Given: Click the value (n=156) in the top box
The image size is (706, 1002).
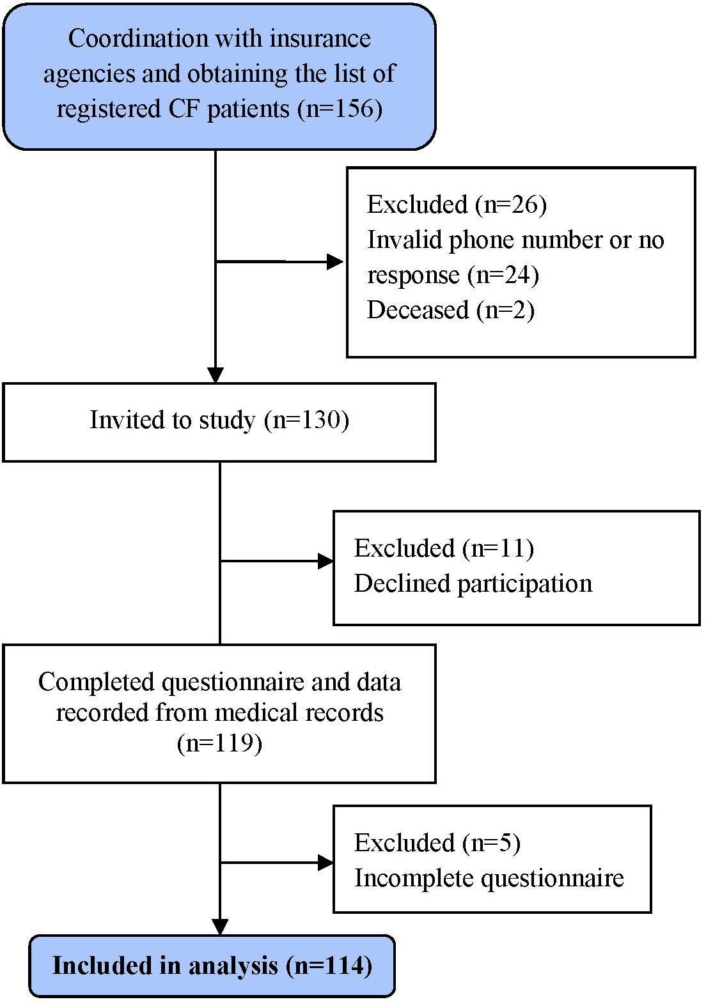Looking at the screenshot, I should coord(340,109).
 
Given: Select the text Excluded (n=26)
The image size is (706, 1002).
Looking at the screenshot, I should coord(457,204).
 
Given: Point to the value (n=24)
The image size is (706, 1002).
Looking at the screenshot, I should coord(503,275).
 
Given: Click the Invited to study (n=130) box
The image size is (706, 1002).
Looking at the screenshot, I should coord(219,421).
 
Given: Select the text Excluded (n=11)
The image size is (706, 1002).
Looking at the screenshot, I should coord(444,548).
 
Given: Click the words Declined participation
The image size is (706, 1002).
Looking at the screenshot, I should coord(473,583).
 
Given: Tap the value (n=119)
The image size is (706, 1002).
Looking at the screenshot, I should coord(219,744).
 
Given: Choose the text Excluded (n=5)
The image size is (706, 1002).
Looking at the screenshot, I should coord(437,843).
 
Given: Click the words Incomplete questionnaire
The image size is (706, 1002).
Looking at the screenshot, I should coord(489,878).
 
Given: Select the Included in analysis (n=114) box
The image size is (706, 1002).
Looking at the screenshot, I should coord(212,965).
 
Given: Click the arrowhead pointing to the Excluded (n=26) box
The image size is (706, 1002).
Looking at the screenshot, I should coord(335,261).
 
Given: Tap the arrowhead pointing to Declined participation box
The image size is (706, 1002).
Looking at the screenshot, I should coord(326,562).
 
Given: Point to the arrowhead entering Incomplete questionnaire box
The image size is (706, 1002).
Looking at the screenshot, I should coord(326,863).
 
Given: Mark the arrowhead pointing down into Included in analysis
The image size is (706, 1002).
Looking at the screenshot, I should coord(219,927).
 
